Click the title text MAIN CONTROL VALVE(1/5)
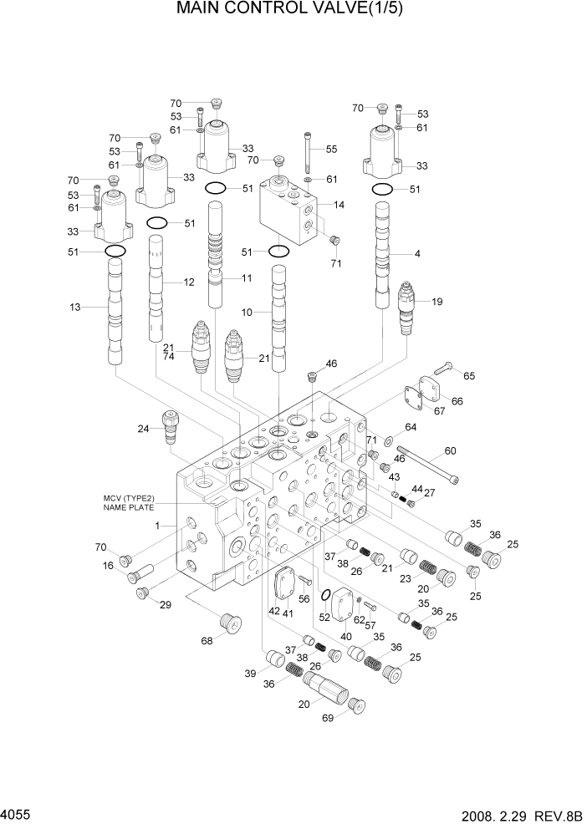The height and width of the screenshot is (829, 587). [293, 11]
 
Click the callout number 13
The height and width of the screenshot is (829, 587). [75, 308]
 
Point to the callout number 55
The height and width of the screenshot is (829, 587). [331, 149]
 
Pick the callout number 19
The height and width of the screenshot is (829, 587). [436, 302]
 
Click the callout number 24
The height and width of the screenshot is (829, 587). [143, 430]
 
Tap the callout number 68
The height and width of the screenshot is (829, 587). [207, 641]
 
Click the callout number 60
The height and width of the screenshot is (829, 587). [450, 451]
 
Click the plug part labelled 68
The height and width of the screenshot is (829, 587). [228, 623]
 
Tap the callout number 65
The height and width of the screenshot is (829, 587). [469, 376]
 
